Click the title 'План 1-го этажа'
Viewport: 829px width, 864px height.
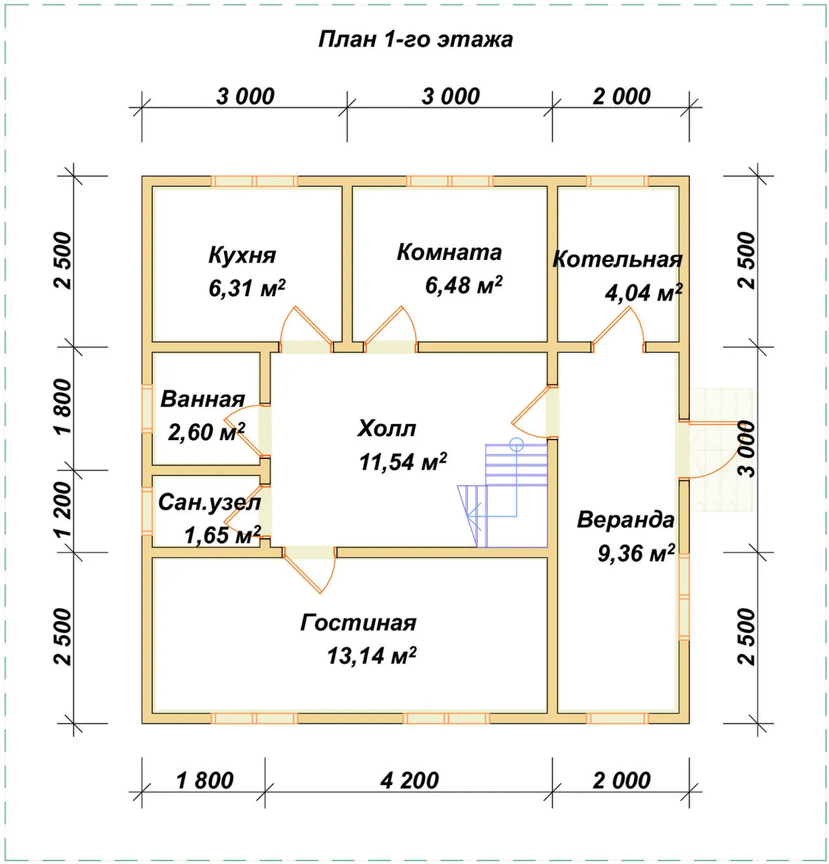pos(415,40)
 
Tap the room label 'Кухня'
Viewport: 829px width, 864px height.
pos(242,255)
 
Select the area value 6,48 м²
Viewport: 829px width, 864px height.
pos(463,285)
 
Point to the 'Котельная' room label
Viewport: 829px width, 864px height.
pos(617,259)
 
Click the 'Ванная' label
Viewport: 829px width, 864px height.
pos(202,399)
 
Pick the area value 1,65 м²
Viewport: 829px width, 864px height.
pos(223,535)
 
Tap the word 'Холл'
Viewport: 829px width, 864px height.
pos(387,429)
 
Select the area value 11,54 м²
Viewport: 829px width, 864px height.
pos(403,462)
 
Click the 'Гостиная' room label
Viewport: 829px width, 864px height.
pos(358,622)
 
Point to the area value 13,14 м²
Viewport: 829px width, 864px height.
pos(372,655)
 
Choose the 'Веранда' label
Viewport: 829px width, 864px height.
pos(625,520)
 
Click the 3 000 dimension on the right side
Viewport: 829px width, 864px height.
pos(747,449)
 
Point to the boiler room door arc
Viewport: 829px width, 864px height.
pos(619,327)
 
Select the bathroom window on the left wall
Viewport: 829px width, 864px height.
pos(147,408)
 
